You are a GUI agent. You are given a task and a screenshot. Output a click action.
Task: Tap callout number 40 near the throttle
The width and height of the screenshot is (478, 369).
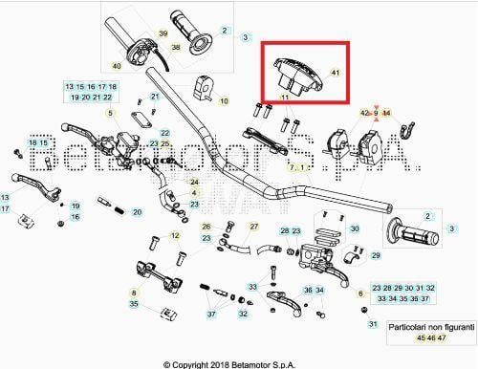[x=117, y=66]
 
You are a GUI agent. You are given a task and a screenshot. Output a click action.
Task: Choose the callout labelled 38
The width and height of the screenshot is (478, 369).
[x=175, y=47]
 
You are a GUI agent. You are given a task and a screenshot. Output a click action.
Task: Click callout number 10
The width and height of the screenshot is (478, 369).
[x=225, y=99]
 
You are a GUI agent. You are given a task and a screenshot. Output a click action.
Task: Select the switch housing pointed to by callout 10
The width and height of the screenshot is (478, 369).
[x=204, y=86]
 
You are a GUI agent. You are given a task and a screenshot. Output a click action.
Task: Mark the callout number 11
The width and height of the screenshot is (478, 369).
[x=284, y=98]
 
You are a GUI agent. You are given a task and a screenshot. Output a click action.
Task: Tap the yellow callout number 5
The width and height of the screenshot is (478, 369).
[x=110, y=114]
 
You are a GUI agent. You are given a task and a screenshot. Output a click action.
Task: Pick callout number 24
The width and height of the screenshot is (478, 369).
[x=194, y=182]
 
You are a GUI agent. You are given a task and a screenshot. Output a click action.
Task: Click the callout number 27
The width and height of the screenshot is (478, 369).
[x=254, y=227]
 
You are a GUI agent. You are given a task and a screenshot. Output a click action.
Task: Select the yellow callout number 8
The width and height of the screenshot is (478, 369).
[x=134, y=293]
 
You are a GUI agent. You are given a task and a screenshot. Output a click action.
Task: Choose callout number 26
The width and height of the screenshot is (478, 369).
[x=206, y=227]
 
